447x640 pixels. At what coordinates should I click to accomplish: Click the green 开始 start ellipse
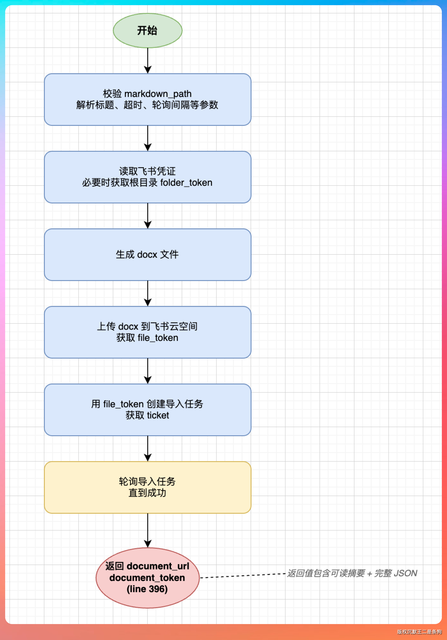[148, 30]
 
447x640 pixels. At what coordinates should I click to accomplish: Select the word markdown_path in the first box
[158, 94]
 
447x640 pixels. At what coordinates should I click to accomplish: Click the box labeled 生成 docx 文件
[148, 254]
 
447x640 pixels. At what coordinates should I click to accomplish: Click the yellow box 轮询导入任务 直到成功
[148, 487]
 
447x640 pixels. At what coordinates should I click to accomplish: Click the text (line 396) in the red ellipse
[147, 589]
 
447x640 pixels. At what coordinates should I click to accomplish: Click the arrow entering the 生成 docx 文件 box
[148, 216]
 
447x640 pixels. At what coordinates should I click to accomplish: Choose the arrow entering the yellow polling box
[148, 448]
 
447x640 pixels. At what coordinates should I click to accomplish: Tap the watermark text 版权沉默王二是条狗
[419, 632]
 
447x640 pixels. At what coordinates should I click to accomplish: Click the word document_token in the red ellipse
[147, 578]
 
